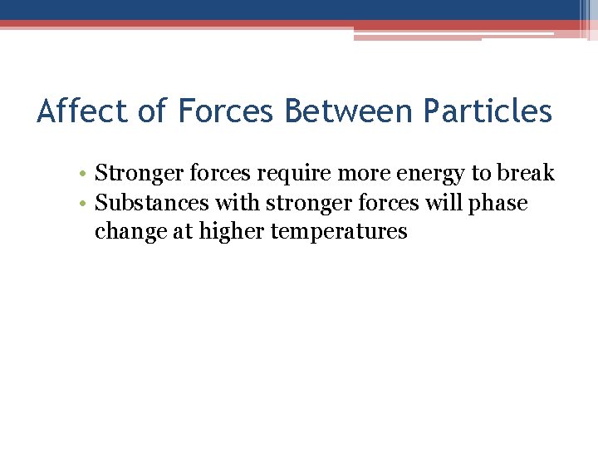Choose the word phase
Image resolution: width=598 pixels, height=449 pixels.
click(x=500, y=204)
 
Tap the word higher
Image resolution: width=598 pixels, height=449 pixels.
click(x=229, y=231)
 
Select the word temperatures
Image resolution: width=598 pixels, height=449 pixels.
click(x=339, y=231)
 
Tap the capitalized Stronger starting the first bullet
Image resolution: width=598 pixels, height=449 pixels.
click(x=133, y=174)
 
